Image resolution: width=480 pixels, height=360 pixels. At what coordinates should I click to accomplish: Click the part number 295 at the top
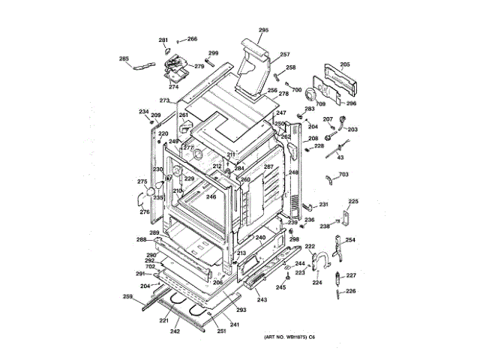click(263, 30)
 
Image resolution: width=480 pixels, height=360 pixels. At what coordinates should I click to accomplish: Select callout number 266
click(192, 39)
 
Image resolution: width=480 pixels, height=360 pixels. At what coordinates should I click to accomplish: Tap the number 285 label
click(124, 58)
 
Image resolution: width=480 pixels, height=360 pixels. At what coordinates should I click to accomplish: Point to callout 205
click(345, 65)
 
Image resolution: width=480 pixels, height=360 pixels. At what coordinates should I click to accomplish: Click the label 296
click(351, 103)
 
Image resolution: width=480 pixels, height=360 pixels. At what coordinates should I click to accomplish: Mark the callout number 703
click(344, 175)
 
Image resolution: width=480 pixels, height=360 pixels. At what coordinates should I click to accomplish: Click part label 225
click(353, 201)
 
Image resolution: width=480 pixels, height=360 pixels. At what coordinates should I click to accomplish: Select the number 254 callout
click(350, 240)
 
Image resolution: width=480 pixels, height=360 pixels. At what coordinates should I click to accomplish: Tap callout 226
click(350, 291)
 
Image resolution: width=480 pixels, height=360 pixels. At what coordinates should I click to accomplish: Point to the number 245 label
click(281, 287)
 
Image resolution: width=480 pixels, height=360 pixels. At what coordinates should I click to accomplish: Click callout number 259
click(128, 298)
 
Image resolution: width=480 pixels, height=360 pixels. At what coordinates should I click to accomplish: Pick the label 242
click(175, 331)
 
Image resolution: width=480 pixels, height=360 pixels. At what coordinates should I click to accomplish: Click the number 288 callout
click(141, 240)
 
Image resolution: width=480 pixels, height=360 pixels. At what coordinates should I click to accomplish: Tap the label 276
click(145, 212)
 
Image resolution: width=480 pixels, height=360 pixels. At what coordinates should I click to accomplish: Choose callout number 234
click(143, 112)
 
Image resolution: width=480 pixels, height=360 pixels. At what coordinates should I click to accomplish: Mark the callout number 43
click(340, 157)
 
